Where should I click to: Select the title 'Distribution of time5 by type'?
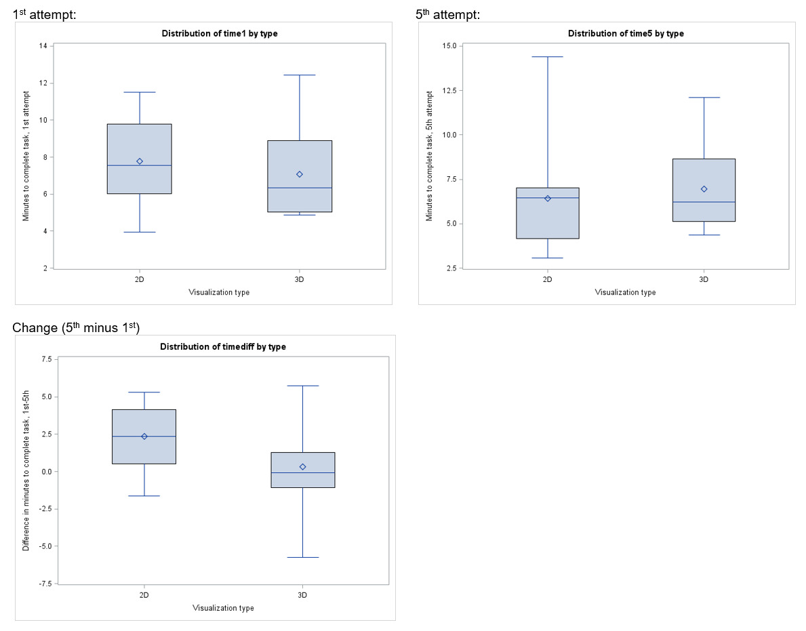tap(626, 33)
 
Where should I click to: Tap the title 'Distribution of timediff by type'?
tap(223, 346)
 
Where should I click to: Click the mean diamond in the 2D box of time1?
tap(140, 161)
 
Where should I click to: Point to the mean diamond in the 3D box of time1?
tap(300, 174)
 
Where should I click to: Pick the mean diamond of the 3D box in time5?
tap(704, 189)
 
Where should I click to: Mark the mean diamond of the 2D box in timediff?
tap(144, 436)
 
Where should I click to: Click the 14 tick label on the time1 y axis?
tap(43, 46)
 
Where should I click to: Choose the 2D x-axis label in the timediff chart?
tap(144, 595)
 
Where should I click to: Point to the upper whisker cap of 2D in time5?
tap(547, 57)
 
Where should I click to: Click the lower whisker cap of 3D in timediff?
tap(302, 557)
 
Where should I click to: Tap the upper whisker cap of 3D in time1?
tap(300, 75)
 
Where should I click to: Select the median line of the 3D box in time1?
tap(300, 188)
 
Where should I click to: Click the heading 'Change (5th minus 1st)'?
tap(76, 328)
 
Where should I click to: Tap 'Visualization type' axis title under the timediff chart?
tap(223, 608)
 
